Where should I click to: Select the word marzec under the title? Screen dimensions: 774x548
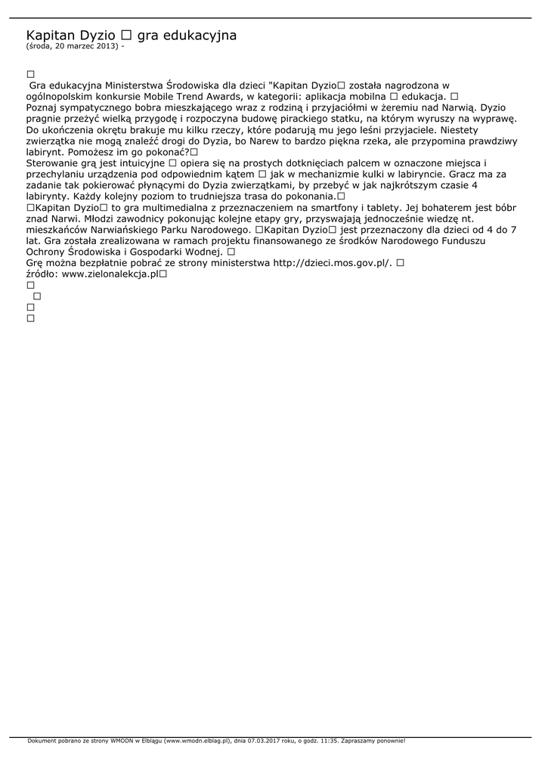(78, 46)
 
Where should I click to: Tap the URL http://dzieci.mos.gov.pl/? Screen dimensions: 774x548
(332, 262)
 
